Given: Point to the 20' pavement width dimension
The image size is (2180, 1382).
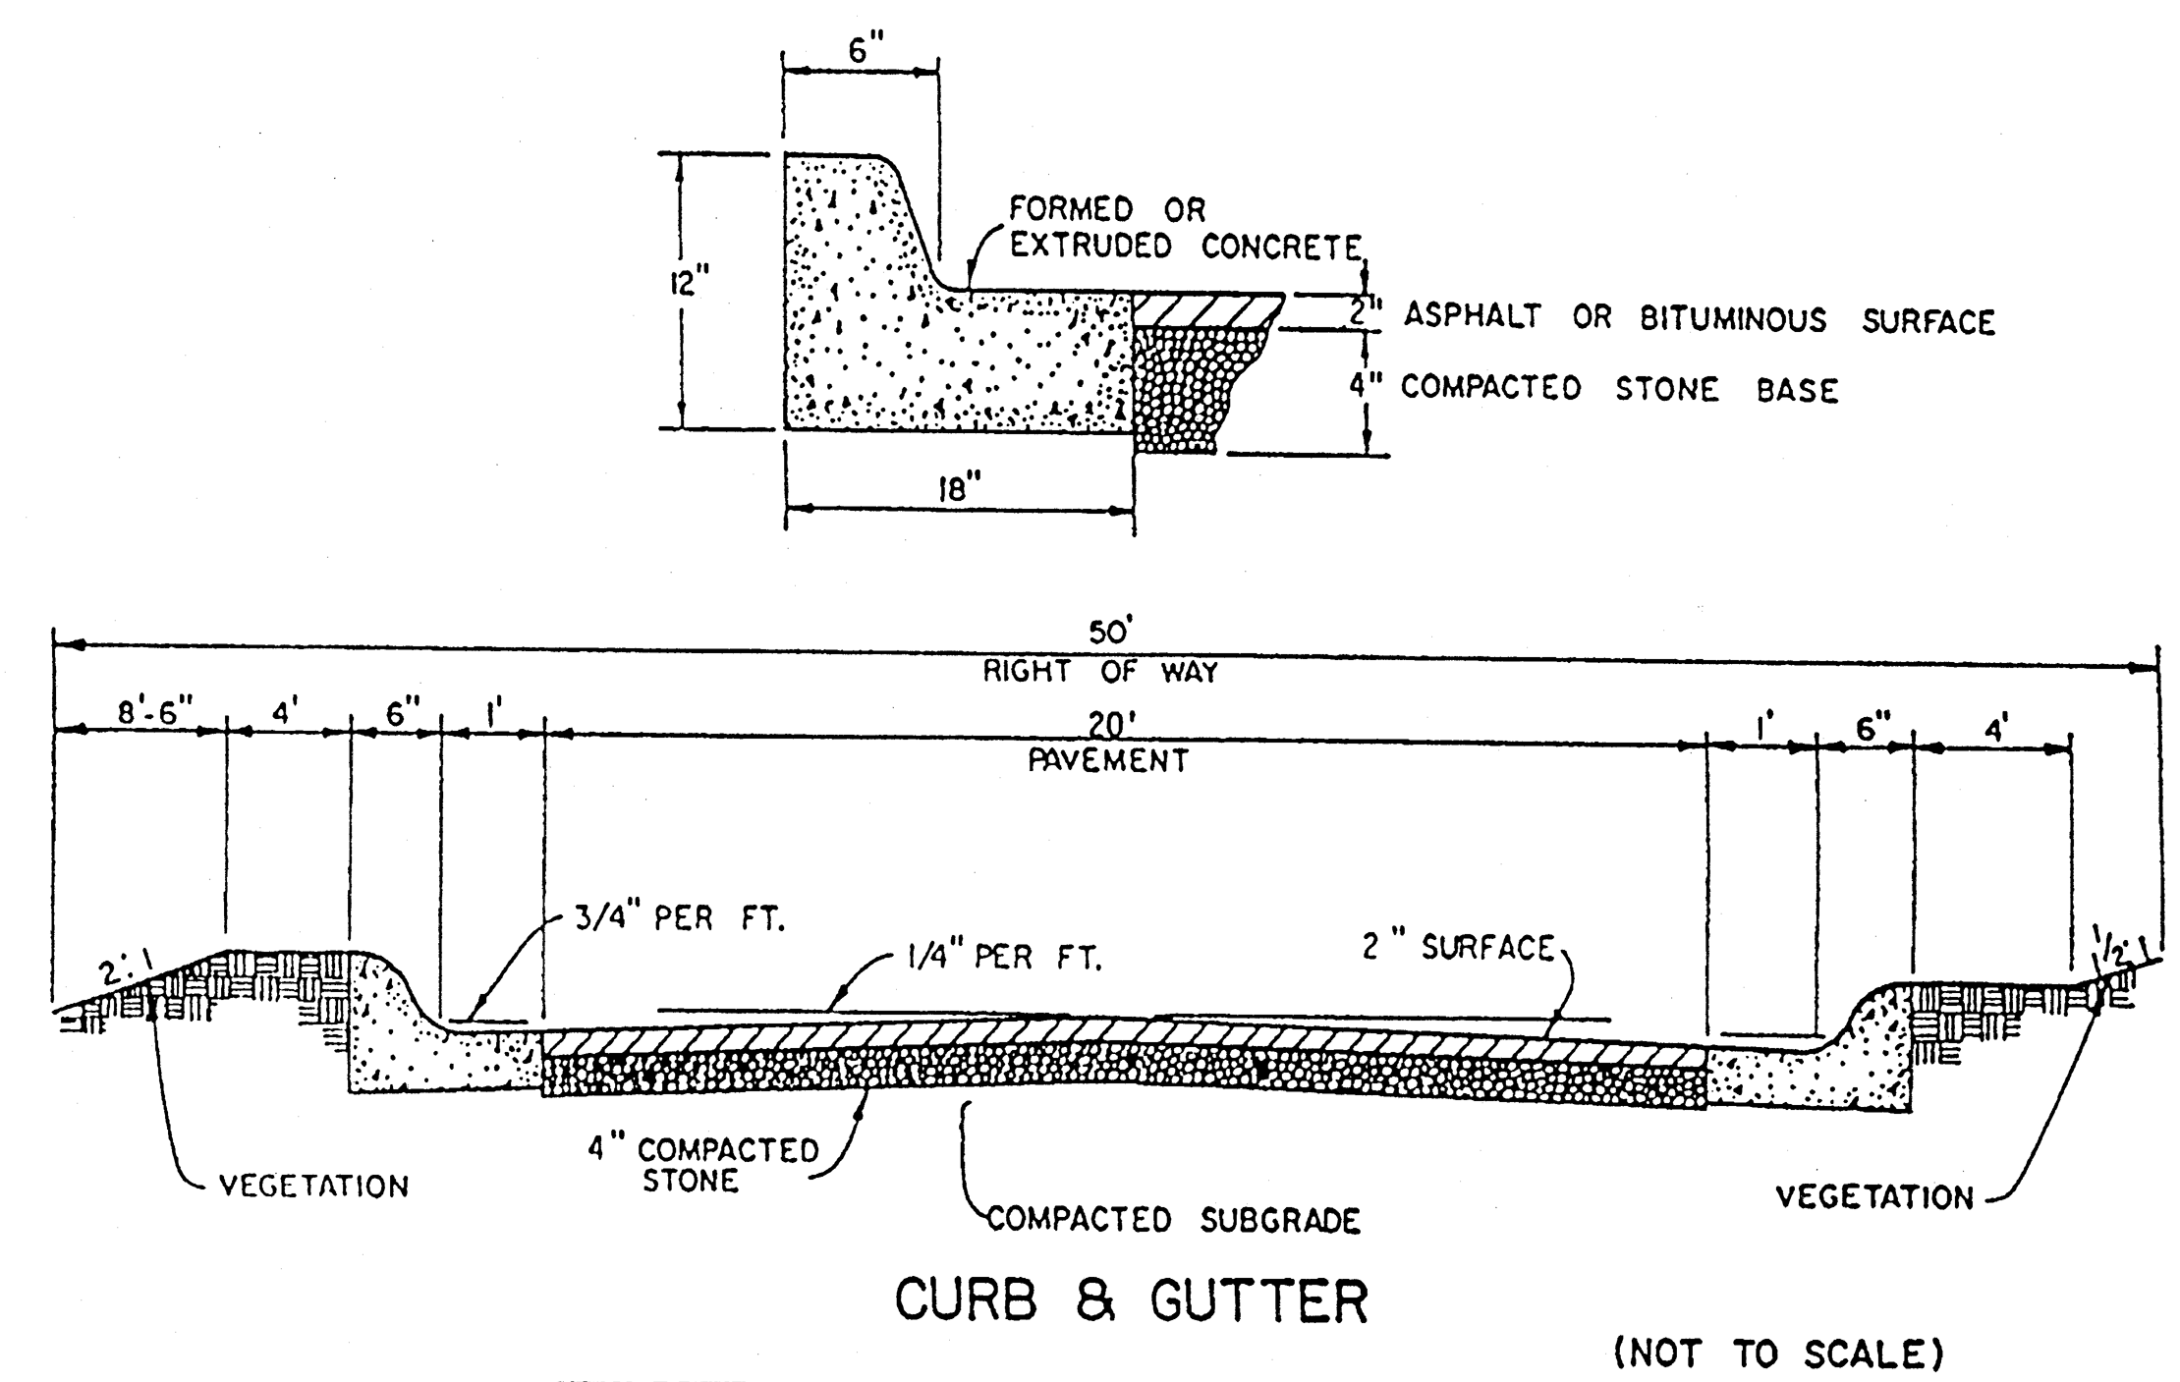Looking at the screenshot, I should (x=1111, y=726).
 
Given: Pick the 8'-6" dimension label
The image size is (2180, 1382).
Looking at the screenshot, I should (x=156, y=712).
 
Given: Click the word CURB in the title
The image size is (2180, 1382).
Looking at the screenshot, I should (x=966, y=1300).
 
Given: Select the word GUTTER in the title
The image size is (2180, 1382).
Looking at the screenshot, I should (x=1258, y=1300).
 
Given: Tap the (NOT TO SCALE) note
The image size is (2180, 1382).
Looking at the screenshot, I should (x=1778, y=1354).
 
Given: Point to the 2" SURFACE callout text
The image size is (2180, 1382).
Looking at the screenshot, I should (x=1457, y=948).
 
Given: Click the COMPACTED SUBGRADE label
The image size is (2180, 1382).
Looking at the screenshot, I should (x=1173, y=1220).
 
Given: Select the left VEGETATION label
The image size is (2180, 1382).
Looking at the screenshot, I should (x=313, y=1187).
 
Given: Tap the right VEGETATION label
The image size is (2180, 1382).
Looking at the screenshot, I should (x=1874, y=1197).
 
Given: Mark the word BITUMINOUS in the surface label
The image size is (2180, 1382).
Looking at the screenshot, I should (x=1732, y=320).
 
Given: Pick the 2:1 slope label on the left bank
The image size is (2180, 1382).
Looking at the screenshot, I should (x=123, y=971).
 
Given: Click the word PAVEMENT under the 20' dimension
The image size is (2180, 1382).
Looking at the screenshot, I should (x=1108, y=760).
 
